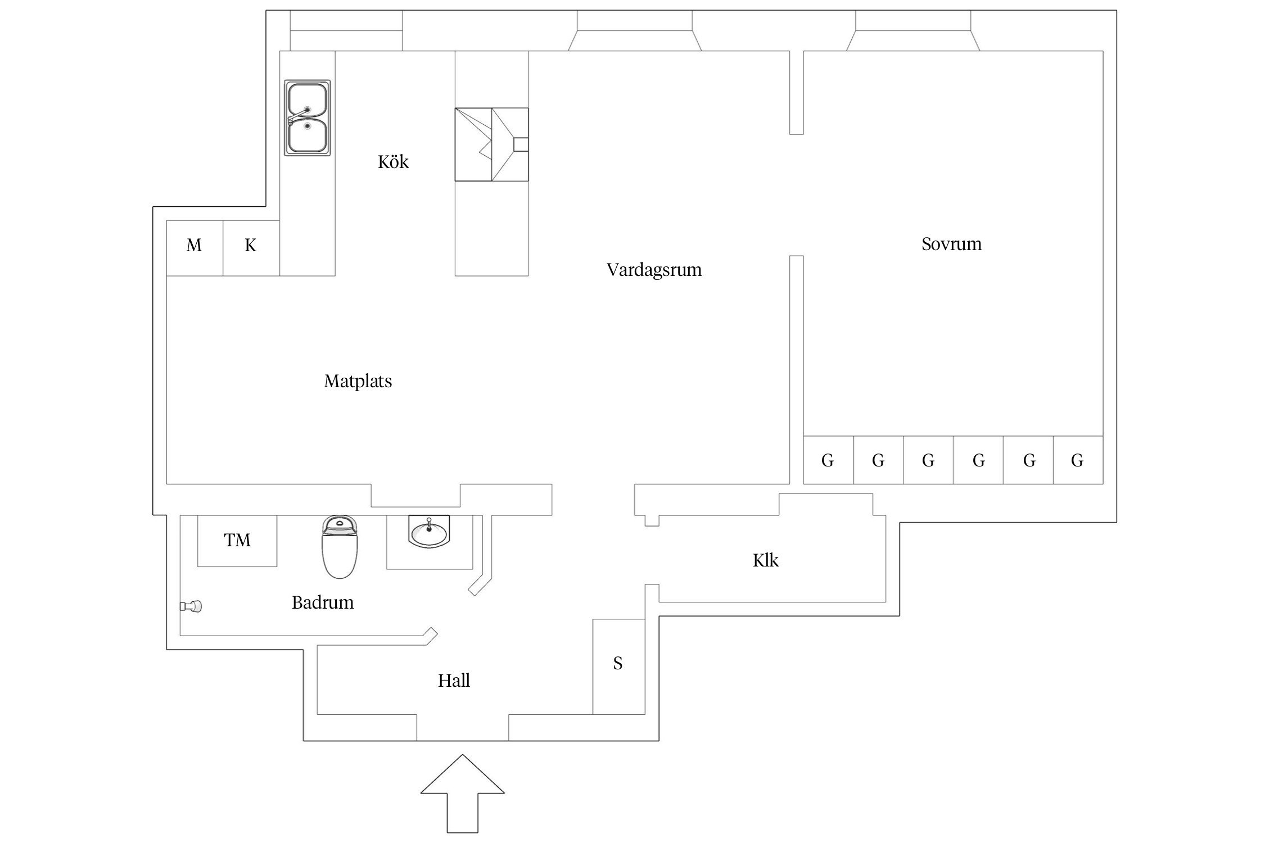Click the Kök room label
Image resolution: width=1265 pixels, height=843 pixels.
393,162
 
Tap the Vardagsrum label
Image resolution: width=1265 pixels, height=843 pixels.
654,270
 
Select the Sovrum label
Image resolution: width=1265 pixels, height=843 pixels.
951,244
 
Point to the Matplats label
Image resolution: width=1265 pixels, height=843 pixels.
358,382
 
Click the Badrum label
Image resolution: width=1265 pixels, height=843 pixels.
323,603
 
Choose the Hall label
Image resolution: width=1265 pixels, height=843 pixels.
454,681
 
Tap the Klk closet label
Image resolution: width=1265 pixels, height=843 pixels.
765,560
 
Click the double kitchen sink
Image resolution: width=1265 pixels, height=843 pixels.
307,117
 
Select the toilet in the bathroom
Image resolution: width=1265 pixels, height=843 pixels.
340,547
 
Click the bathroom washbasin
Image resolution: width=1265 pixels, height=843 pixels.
429,532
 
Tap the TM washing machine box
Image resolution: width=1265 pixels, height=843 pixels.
237,541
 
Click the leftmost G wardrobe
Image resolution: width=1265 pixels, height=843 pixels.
828,460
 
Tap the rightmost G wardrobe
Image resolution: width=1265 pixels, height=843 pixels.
1077,460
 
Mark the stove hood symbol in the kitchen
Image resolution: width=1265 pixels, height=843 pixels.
491,144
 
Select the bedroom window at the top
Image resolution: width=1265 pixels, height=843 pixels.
912,31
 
